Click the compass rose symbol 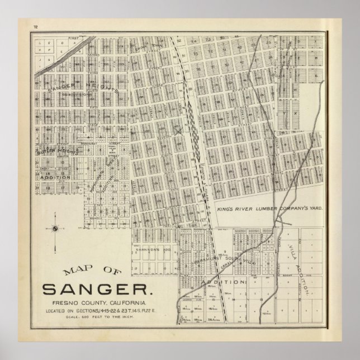pyautogui.click(x=55, y=227)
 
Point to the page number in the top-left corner pyautogui.click(x=35, y=27)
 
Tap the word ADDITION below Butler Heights pyautogui.click(x=55, y=177)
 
